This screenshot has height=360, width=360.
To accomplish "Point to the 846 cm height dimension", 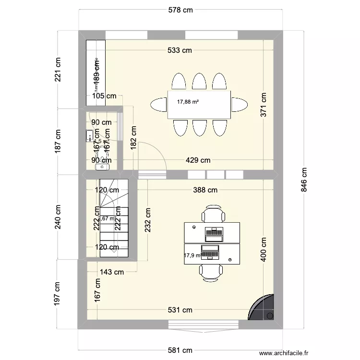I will [304, 180].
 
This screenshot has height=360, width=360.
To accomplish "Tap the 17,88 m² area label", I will [188, 102].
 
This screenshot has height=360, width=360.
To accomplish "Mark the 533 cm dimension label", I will [180, 50].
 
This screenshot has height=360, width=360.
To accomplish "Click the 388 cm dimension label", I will [205, 190].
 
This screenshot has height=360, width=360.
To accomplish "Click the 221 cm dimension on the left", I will [58, 70].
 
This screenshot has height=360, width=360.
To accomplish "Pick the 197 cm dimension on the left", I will [58, 294].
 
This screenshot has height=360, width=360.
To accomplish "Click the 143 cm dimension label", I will [111, 272].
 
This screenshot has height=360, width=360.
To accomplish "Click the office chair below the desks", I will [211, 271].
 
